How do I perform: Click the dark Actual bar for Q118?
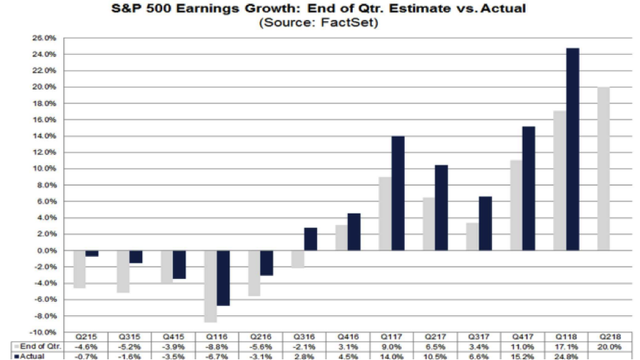coord(572,149)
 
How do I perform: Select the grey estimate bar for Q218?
coord(604,169)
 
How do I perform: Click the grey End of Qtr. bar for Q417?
coord(517,206)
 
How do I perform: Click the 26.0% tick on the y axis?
coord(45,38)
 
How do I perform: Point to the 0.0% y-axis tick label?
coord(46,250)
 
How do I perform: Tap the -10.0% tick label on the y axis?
coord(44,332)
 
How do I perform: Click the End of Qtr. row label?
coord(41,346)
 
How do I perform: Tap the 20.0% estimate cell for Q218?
coord(609,346)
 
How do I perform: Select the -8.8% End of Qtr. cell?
coord(217,346)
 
